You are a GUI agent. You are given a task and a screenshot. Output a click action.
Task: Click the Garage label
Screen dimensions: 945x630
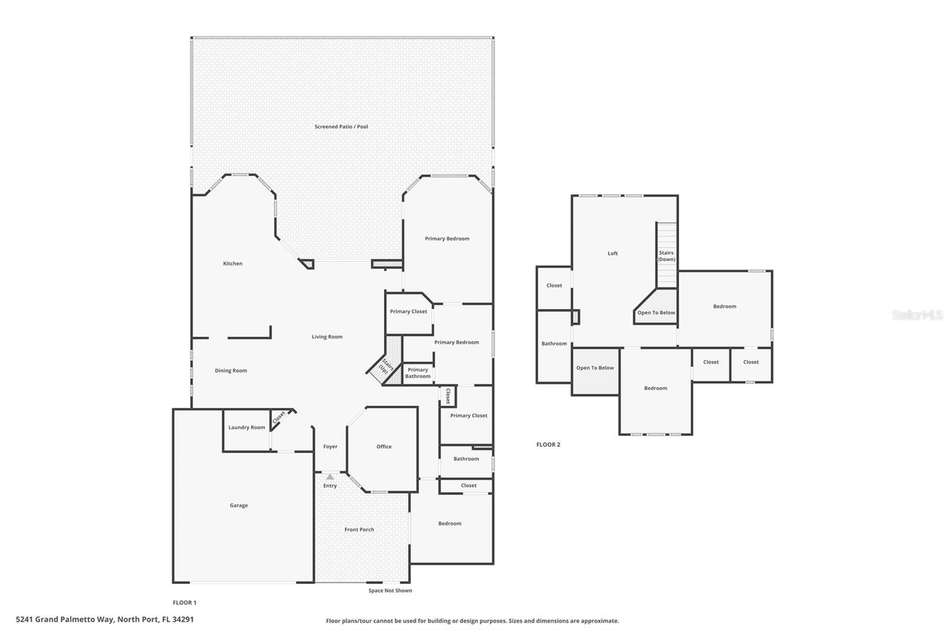point(239,505)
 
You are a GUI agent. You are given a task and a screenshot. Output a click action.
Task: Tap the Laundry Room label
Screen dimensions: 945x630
point(247,427)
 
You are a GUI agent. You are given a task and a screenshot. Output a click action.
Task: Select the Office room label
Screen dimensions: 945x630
point(384,446)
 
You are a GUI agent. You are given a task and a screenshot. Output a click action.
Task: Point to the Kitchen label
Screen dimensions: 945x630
point(233,264)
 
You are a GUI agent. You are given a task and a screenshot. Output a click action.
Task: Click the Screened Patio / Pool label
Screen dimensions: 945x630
point(341,126)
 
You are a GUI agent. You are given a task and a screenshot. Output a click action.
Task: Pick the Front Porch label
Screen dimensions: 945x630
point(359,530)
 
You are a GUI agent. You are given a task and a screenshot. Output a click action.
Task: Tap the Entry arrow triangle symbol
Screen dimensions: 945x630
point(330,477)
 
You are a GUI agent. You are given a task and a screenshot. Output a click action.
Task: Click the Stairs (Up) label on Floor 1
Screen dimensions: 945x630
point(385,366)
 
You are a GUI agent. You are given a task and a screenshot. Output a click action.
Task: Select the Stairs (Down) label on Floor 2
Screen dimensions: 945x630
point(667,256)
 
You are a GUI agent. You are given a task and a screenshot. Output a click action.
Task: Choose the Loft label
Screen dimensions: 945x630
point(612,254)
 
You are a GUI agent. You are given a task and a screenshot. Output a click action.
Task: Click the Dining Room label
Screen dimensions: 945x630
point(231,371)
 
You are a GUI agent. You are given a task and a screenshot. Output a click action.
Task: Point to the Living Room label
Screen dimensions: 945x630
point(327,336)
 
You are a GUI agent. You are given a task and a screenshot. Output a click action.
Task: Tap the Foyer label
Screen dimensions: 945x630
point(330,446)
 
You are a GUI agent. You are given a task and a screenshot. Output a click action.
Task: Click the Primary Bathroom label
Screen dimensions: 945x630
point(418,373)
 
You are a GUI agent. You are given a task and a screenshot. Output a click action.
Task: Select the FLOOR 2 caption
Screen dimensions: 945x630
point(548,444)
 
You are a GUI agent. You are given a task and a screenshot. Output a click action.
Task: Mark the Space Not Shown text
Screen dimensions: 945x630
point(390,590)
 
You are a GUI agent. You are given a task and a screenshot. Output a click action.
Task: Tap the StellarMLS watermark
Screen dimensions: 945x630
point(917,315)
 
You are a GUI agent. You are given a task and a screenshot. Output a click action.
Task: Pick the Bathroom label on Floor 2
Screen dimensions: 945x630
point(554,344)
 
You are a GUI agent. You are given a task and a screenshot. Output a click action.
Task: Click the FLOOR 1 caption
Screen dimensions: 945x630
point(184,603)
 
